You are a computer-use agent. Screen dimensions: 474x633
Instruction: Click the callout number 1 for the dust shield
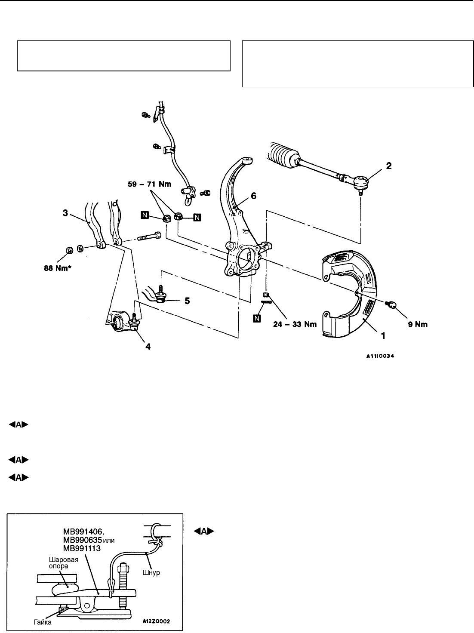[x=383, y=336]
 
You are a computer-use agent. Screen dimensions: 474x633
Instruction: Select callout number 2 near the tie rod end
[x=389, y=166]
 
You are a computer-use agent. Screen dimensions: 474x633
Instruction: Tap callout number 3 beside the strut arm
[x=65, y=213]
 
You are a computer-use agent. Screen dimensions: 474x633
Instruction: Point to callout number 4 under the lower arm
[x=148, y=347]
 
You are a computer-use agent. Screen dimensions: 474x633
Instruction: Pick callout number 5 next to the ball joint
[x=187, y=301]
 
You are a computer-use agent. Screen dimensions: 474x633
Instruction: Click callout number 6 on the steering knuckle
[x=253, y=196]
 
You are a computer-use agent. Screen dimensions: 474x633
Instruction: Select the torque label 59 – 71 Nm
[x=149, y=184]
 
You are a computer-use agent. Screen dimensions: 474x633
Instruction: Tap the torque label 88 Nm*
[x=58, y=268]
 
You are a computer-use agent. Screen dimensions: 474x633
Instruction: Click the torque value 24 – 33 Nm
[x=295, y=324]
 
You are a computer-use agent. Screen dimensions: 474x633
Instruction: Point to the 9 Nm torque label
[x=418, y=324]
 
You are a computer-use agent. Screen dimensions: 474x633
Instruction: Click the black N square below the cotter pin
[x=257, y=318]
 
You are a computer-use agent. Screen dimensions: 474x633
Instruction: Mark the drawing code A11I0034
[x=380, y=356]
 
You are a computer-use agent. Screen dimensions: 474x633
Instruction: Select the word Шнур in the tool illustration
[x=151, y=572]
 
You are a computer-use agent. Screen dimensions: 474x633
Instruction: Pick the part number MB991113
[x=82, y=548]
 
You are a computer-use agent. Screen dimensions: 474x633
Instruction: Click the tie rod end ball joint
[x=361, y=184]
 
